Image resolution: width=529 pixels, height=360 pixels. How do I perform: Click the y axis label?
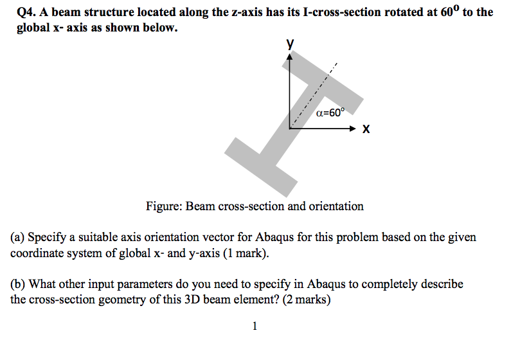click(291, 44)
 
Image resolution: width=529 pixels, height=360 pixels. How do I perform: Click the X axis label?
click(366, 129)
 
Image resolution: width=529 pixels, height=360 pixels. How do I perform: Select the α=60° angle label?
click(330, 113)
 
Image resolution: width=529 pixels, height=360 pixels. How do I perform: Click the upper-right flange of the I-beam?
click(335, 87)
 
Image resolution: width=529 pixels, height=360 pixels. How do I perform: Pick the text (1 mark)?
click(244, 253)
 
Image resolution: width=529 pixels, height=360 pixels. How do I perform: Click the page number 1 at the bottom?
click(255, 327)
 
